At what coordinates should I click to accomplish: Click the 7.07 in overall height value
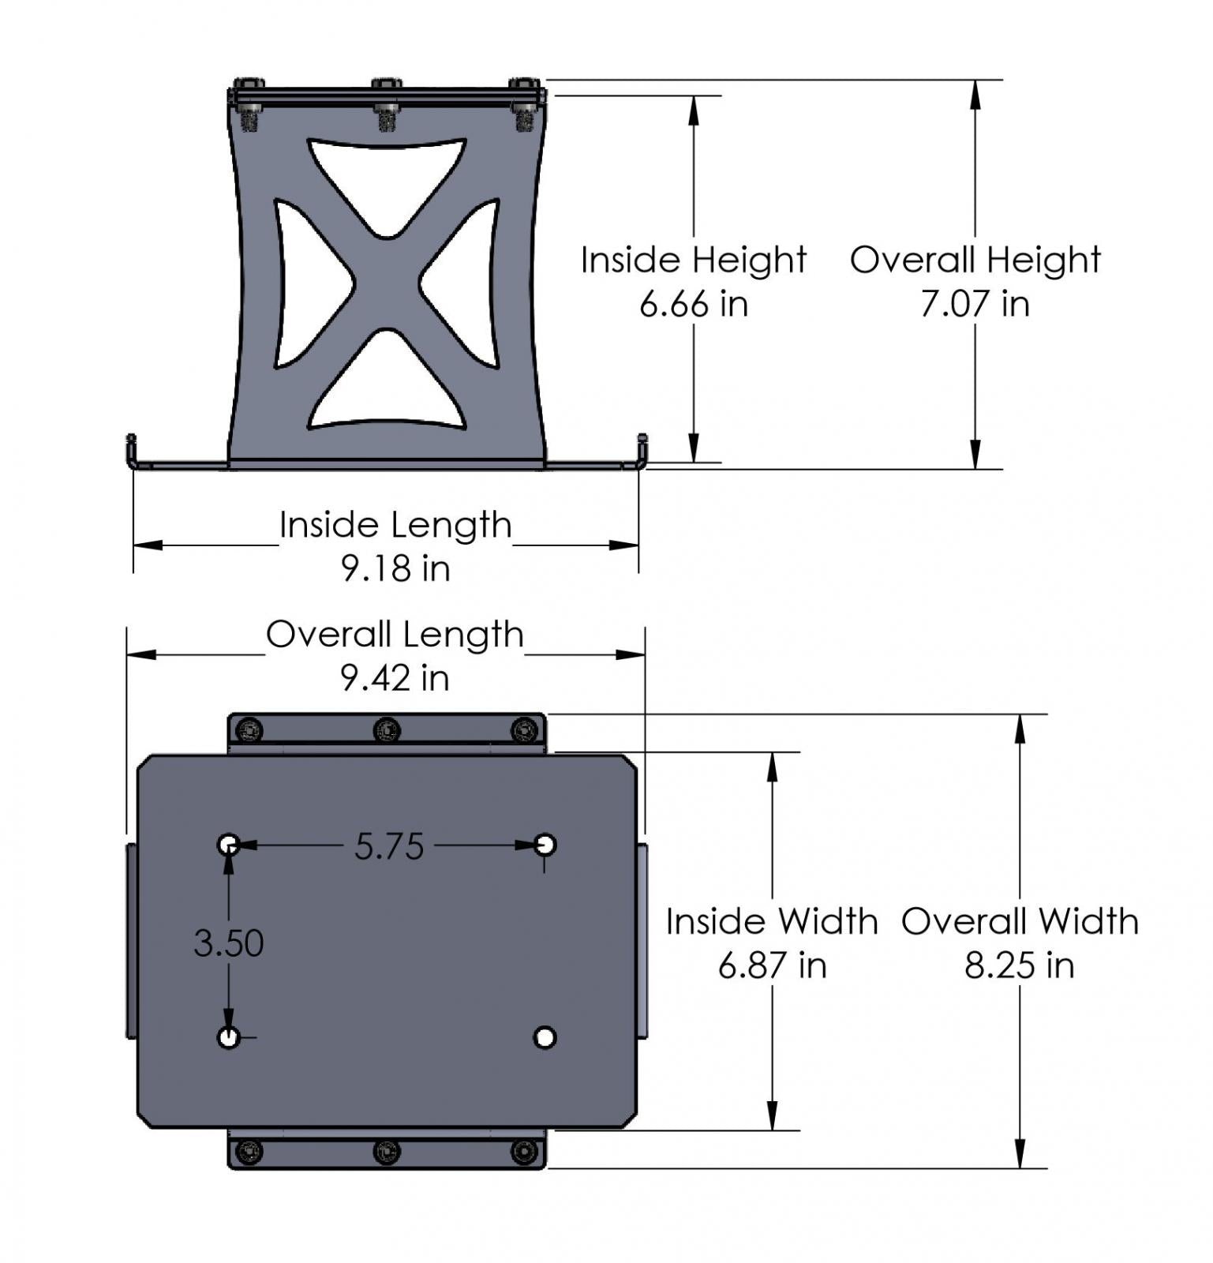(975, 304)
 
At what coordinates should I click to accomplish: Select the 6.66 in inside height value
(693, 304)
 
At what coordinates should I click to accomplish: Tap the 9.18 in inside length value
(395, 568)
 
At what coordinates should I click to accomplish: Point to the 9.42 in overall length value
(395, 677)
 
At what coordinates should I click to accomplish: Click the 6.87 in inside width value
(772, 965)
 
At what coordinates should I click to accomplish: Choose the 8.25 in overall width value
(1019, 965)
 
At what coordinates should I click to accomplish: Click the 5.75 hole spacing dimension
(389, 846)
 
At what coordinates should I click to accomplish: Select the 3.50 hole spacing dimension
(228, 943)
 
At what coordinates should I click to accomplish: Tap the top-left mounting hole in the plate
(228, 845)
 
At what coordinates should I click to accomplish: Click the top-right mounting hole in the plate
(545, 845)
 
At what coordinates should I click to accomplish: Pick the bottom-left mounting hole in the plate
(228, 1037)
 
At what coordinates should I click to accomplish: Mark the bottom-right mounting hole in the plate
(545, 1037)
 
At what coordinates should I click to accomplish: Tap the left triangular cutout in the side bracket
(304, 284)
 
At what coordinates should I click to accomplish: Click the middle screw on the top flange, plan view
(386, 729)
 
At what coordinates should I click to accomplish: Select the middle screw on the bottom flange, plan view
(386, 1152)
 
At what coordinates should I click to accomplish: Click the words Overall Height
(975, 260)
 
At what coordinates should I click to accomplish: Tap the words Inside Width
(772, 921)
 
